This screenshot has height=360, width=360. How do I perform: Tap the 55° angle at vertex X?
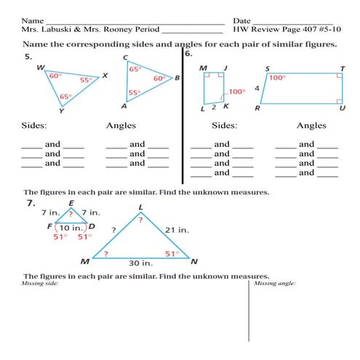(86, 81)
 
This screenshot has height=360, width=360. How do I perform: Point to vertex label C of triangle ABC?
(126, 57)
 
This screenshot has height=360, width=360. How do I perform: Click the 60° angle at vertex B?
(159, 79)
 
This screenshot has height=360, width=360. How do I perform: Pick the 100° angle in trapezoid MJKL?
(237, 92)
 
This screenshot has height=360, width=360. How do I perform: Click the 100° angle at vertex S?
(277, 77)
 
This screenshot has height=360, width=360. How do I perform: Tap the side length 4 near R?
(257, 88)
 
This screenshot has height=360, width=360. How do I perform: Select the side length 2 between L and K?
(213, 107)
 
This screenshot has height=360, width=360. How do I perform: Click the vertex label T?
(342, 67)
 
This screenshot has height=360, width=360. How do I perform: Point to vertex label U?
(342, 108)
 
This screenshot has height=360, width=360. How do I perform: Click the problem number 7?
(31, 203)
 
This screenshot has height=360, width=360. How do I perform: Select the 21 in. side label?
(177, 230)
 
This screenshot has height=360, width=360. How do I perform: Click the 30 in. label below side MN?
(140, 263)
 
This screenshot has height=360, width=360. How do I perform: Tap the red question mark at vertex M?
(106, 254)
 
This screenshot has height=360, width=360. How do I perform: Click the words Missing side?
(41, 283)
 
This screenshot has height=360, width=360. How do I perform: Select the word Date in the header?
(241, 19)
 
